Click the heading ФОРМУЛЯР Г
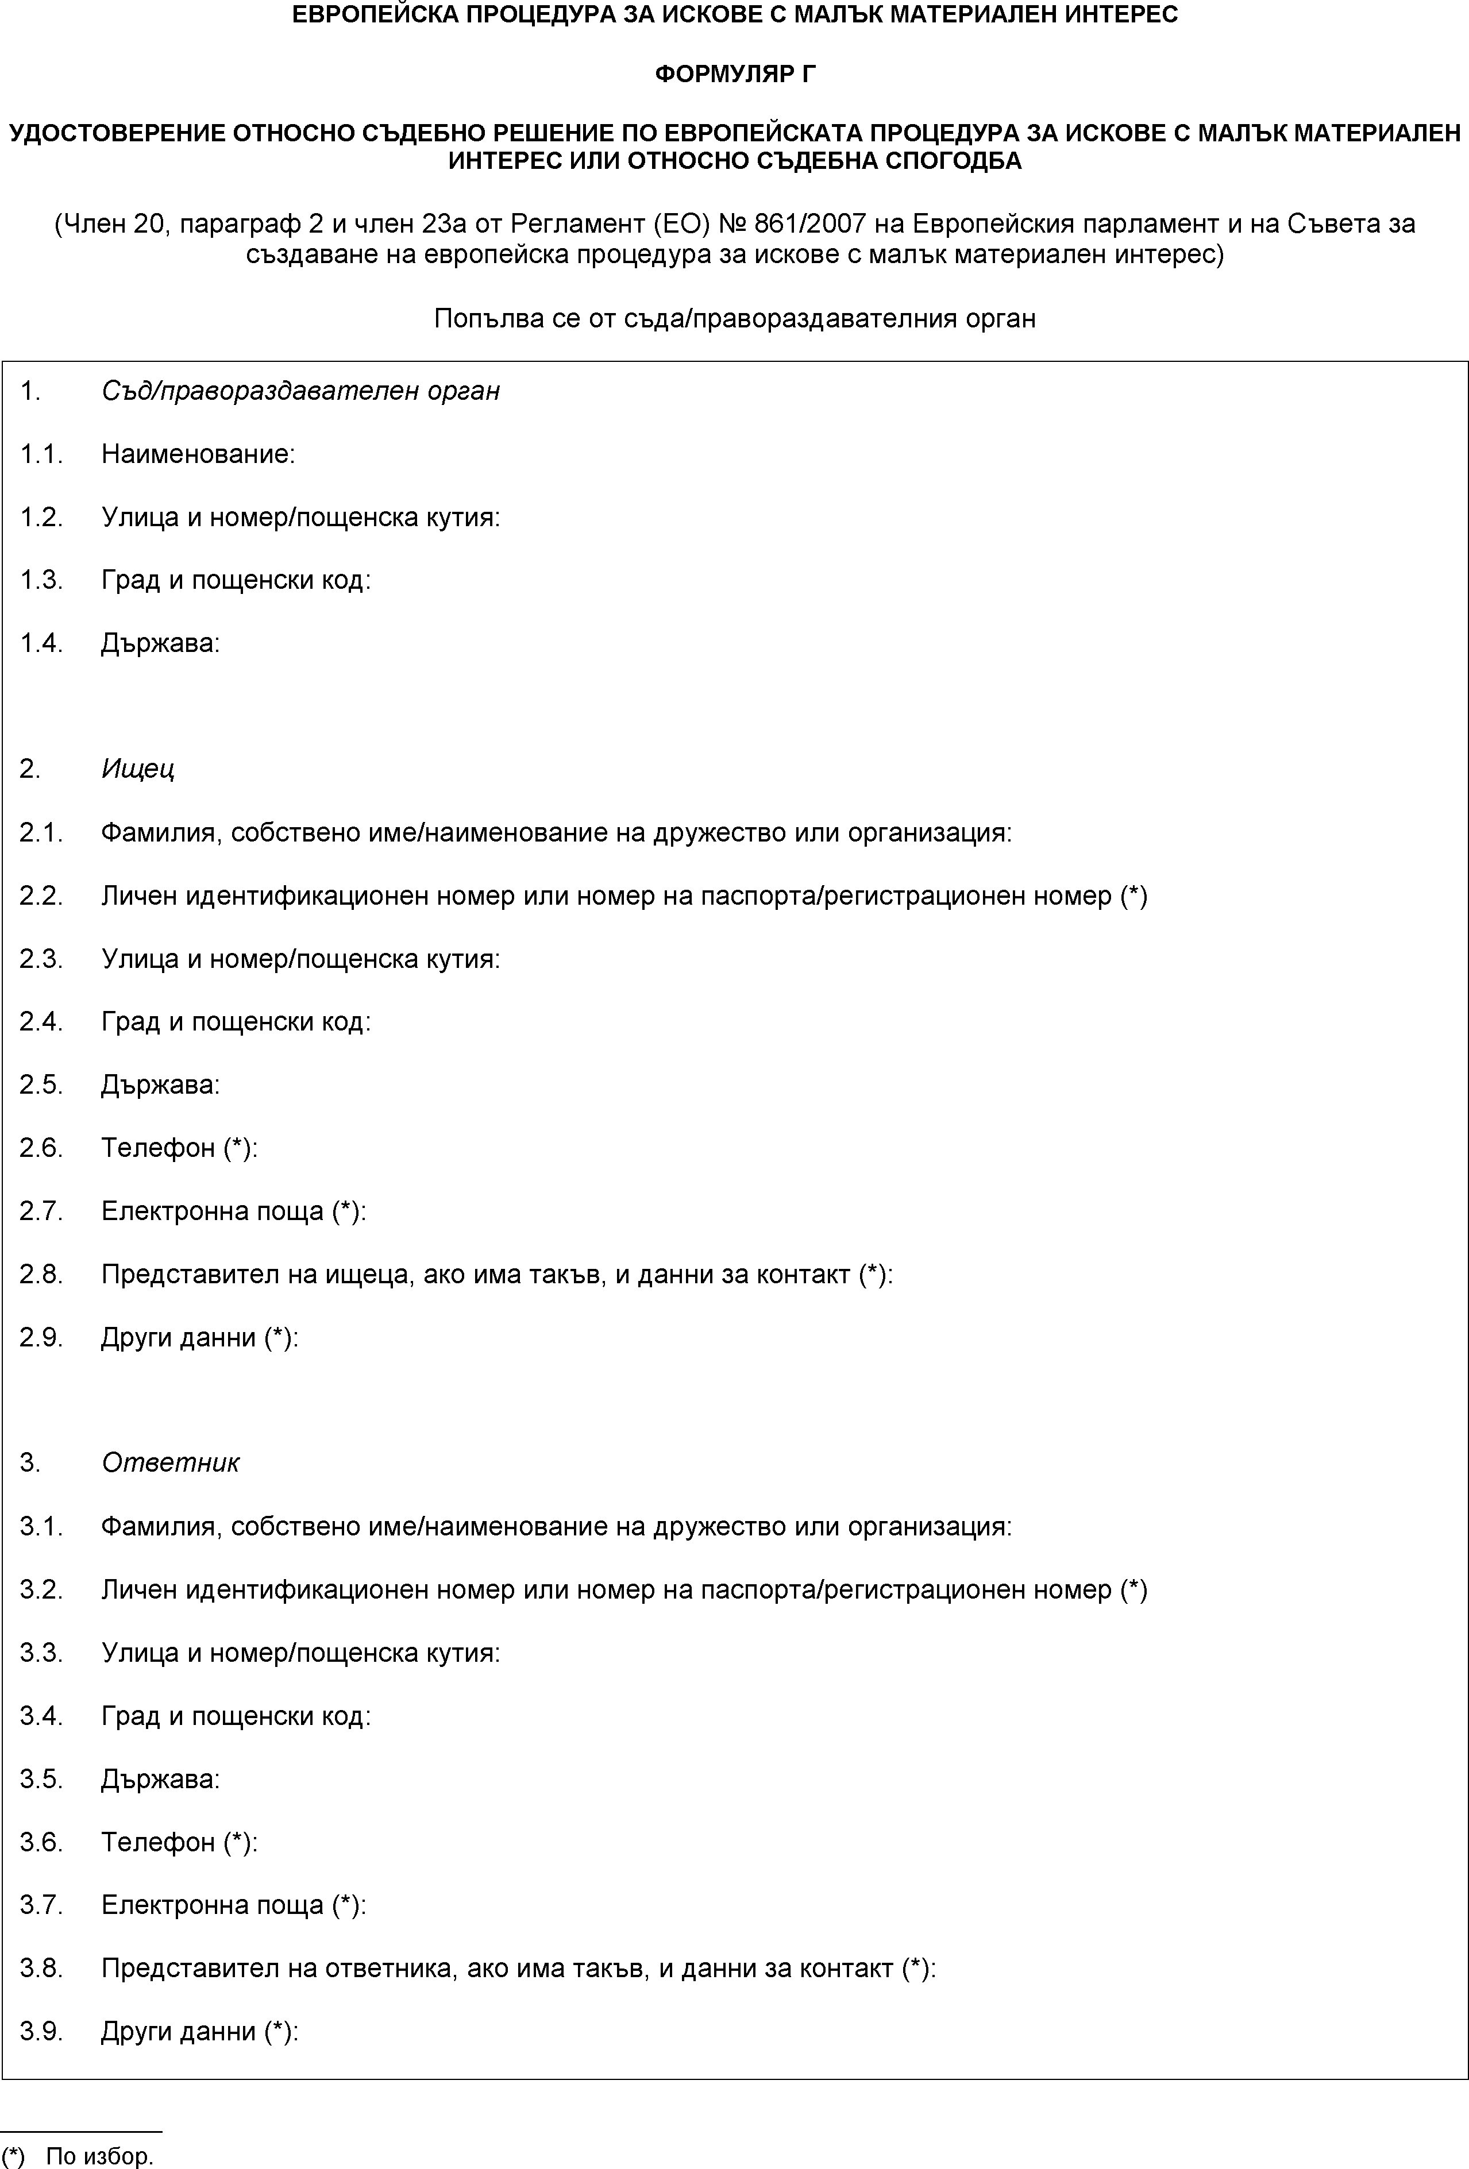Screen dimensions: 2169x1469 (734, 74)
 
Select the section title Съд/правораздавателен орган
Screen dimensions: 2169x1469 (300, 390)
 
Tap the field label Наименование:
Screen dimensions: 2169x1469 (198, 454)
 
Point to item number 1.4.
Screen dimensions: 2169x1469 (41, 643)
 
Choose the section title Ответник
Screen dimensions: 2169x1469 (170, 1462)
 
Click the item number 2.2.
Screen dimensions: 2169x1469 (41, 896)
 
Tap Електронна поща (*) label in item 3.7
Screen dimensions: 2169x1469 (233, 1905)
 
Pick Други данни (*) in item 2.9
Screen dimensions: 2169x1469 (200, 1337)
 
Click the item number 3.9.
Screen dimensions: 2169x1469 (41, 2032)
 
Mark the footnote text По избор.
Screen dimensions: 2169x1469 (100, 2156)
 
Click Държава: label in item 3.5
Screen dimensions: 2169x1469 (160, 1779)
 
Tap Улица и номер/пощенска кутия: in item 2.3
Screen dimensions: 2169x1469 (300, 959)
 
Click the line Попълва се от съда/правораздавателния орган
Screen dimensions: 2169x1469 (734, 319)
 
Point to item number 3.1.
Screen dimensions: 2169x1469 (41, 1526)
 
